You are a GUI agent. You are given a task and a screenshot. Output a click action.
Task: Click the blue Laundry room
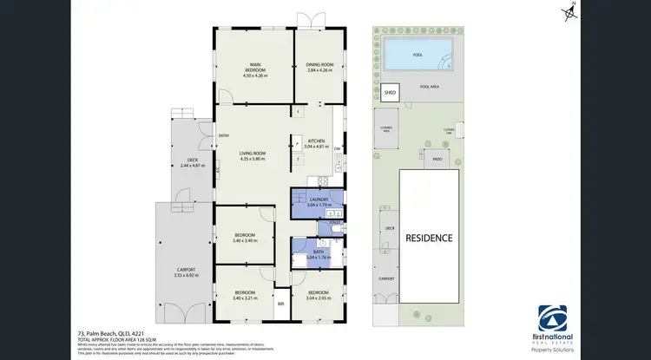[316, 201]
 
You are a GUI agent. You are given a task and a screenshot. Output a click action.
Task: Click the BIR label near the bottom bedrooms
[280, 304]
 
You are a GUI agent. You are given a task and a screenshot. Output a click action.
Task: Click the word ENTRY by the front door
[223, 135]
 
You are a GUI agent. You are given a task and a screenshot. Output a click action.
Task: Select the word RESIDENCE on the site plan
[430, 237]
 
